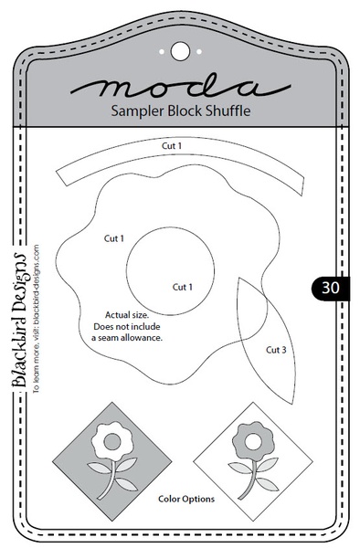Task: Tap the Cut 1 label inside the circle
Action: click(183, 286)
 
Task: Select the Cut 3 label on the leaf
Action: click(277, 349)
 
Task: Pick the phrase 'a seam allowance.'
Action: click(126, 337)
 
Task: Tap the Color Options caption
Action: click(185, 500)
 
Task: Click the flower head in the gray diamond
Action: click(111, 439)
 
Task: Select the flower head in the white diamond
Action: click(248, 439)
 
